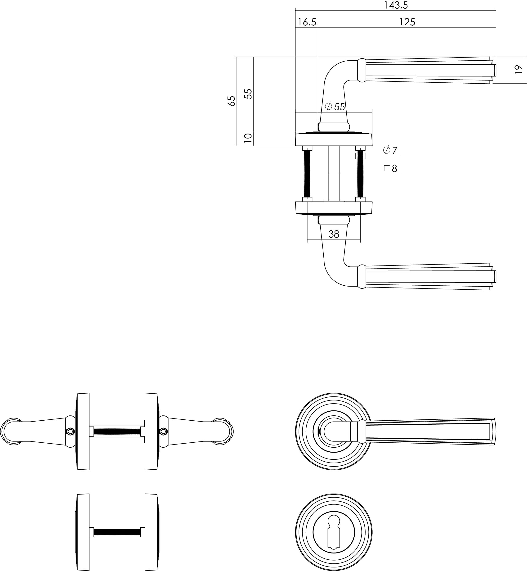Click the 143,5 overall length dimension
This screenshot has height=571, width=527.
tap(396, 5)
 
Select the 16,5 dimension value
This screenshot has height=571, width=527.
tap(307, 22)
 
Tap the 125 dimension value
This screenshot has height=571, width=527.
tap(407, 22)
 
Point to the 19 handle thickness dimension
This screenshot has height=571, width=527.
tap(518, 70)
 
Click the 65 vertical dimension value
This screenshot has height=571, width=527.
tap(232, 101)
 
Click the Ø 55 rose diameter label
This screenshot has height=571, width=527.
tap(335, 107)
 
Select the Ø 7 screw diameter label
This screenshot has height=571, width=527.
tap(390, 150)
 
